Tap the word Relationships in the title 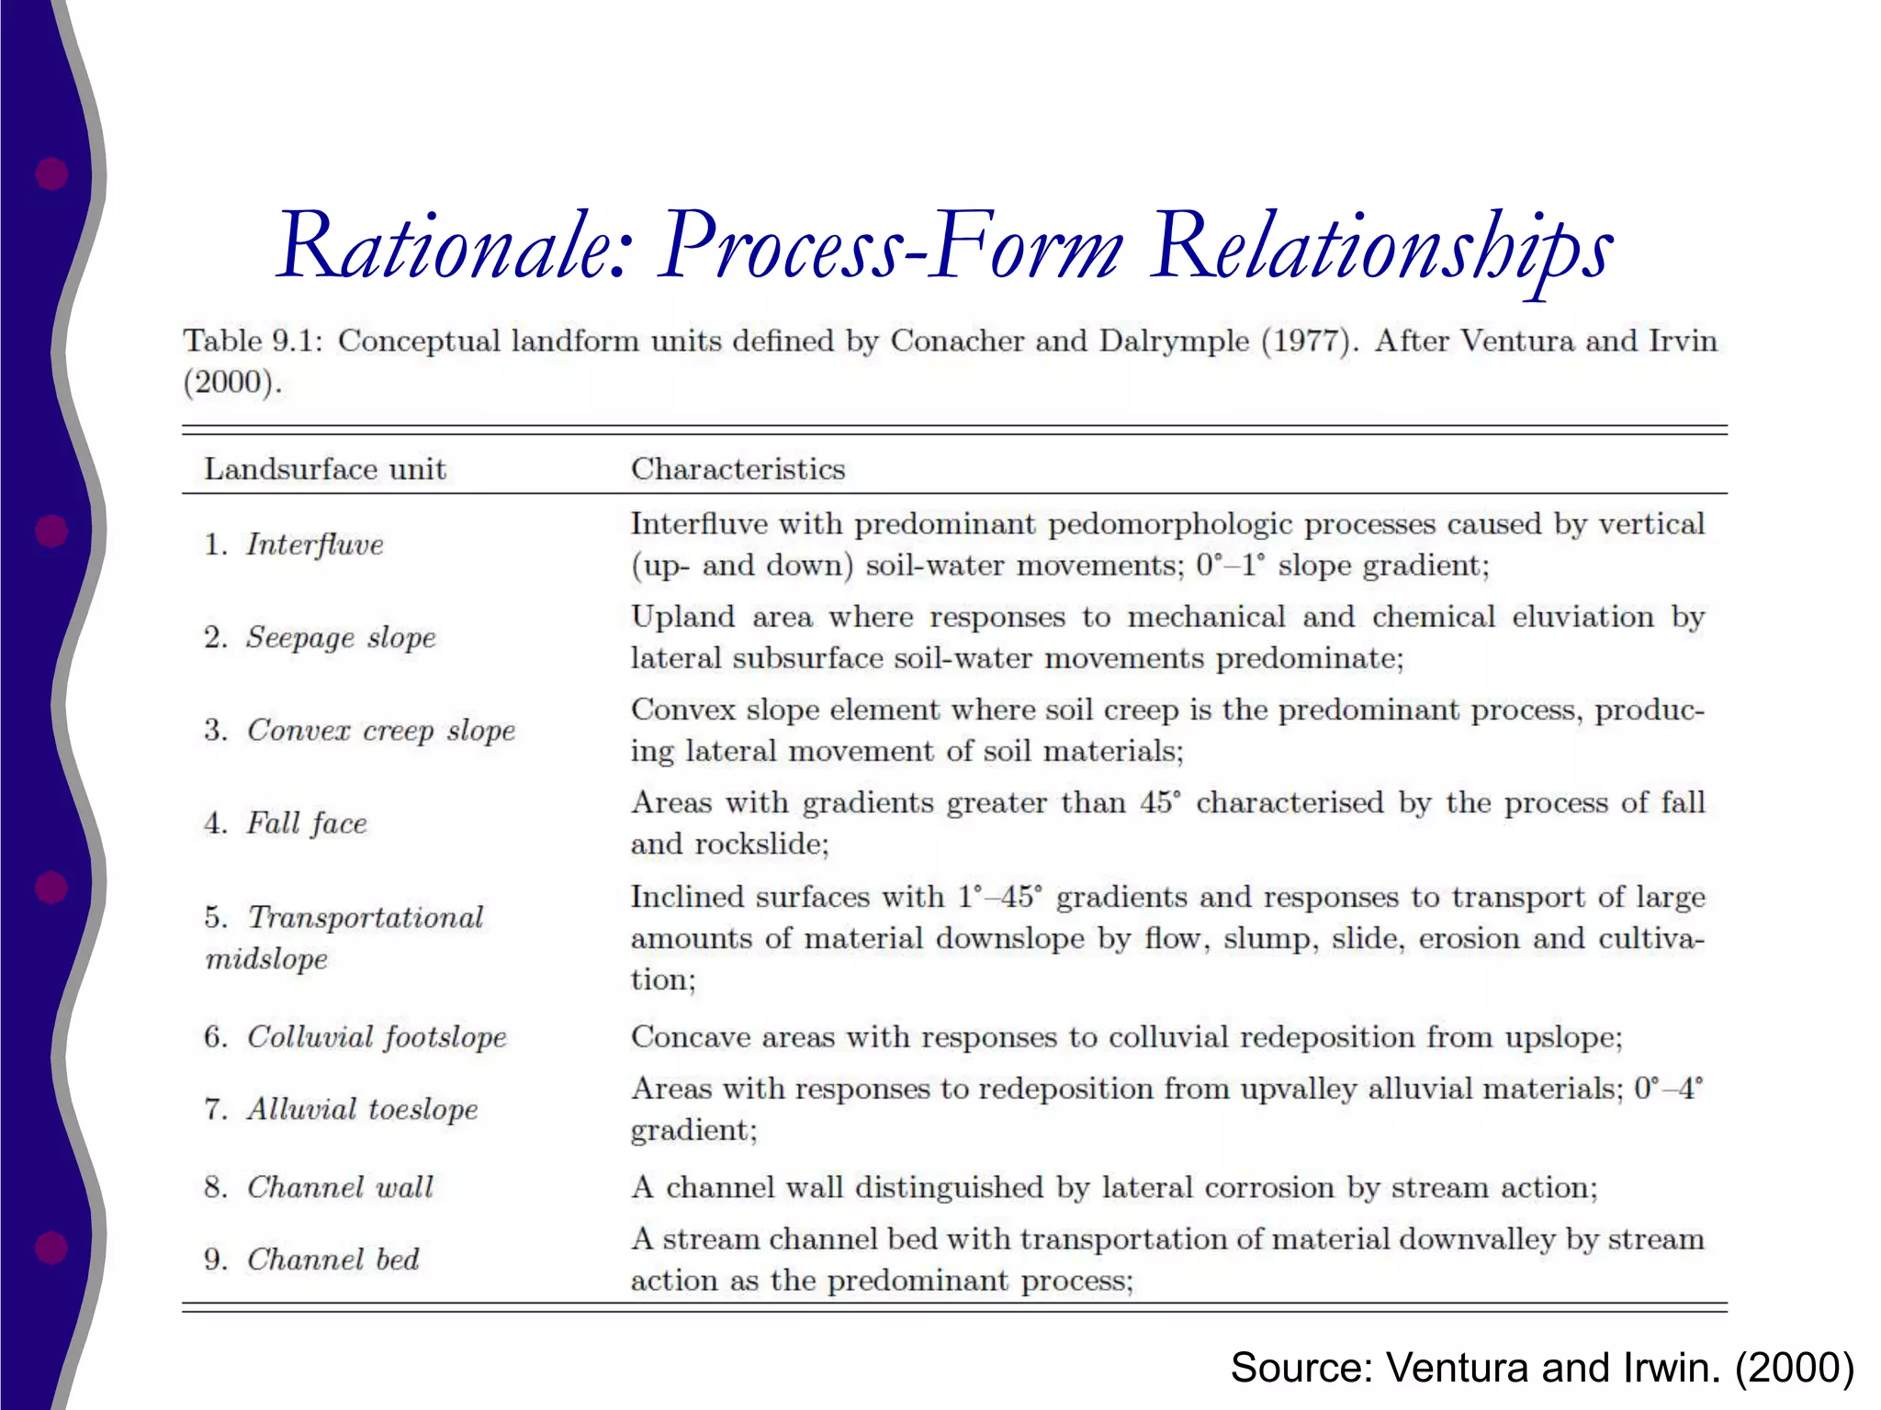(x=1382, y=246)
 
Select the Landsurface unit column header (x=324, y=469)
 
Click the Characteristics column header (x=738, y=469)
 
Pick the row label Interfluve (x=314, y=544)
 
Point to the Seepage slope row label (x=340, y=637)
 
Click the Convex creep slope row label (x=380, y=731)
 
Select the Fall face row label (x=306, y=823)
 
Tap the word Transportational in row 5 (x=366, y=917)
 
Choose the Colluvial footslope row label (x=377, y=1037)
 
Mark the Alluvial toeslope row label (x=362, y=1109)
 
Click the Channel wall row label (x=340, y=1187)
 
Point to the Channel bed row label (x=332, y=1259)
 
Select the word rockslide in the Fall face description (x=761, y=844)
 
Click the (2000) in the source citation (x=1794, y=1367)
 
